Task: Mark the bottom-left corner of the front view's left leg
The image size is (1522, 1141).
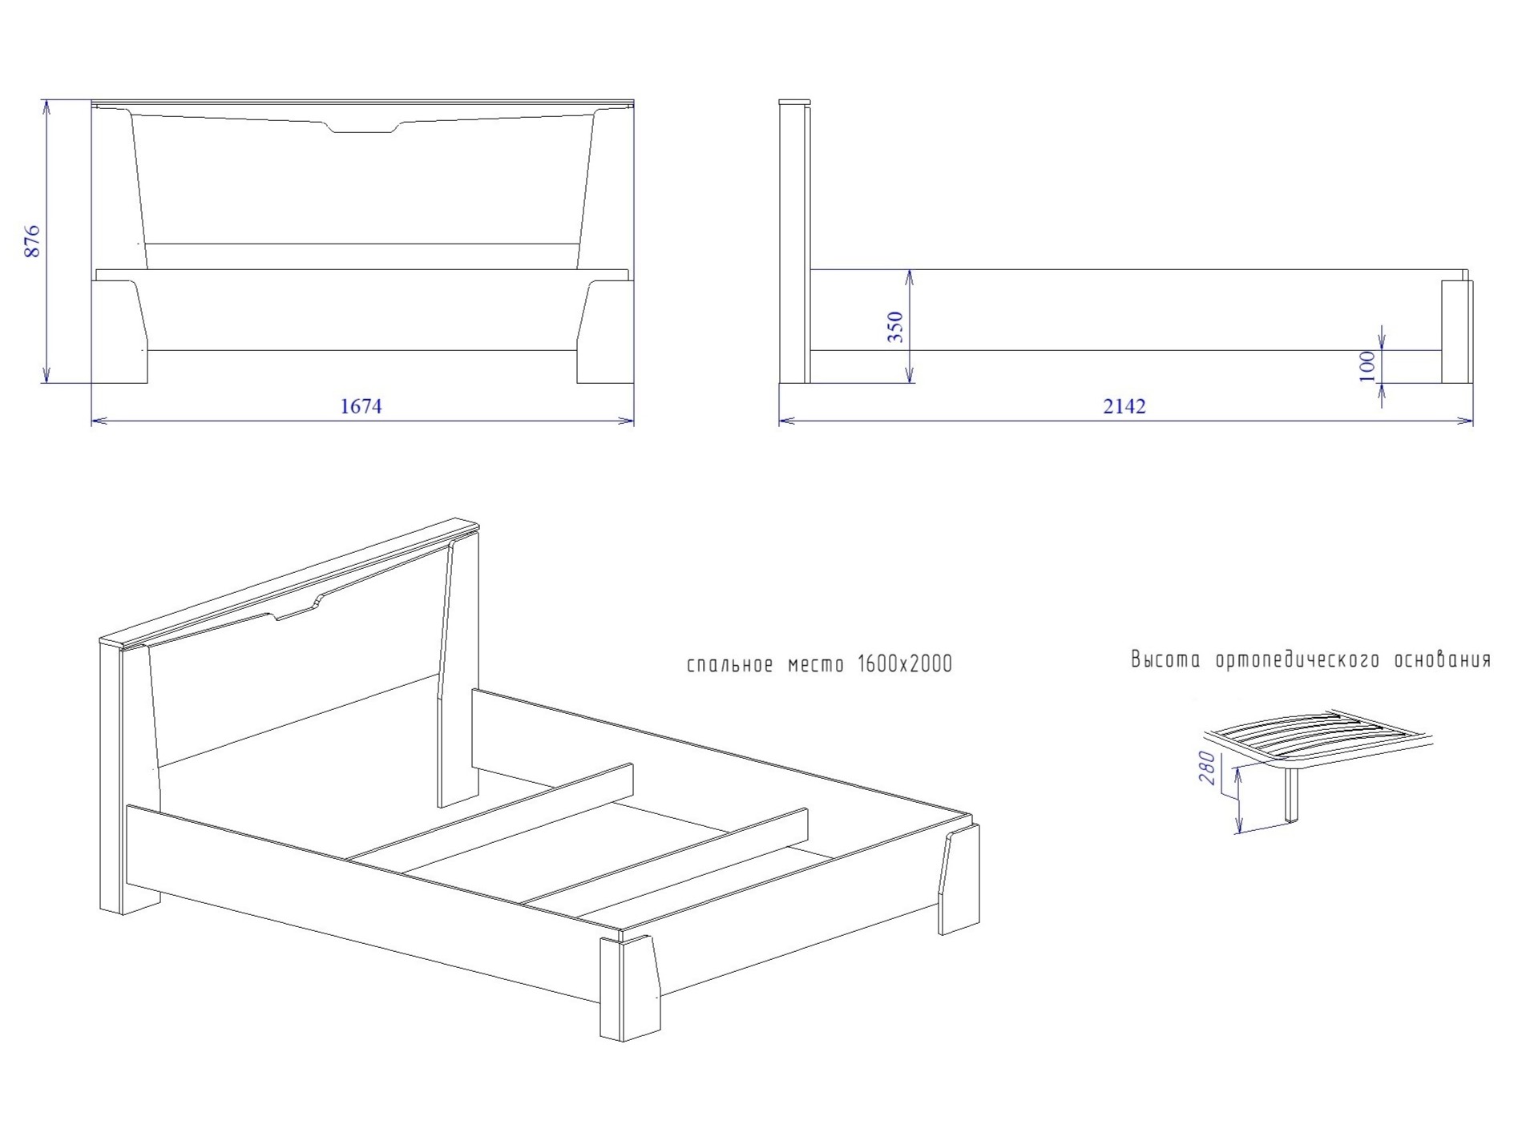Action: pyautogui.click(x=92, y=383)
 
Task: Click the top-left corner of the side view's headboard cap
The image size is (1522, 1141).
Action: pyautogui.click(x=780, y=100)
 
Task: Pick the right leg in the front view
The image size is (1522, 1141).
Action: pyautogui.click(x=605, y=331)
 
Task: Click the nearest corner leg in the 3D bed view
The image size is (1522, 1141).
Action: pyautogui.click(x=630, y=986)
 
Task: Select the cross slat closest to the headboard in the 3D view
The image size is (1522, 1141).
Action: pyautogui.click(x=490, y=812)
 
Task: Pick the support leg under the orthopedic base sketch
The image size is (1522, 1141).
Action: pyautogui.click(x=1291, y=796)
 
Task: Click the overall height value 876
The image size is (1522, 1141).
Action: pyautogui.click(x=32, y=241)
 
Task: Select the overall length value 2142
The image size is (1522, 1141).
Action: pyautogui.click(x=1124, y=406)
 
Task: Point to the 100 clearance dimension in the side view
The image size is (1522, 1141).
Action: pyautogui.click(x=1368, y=366)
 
